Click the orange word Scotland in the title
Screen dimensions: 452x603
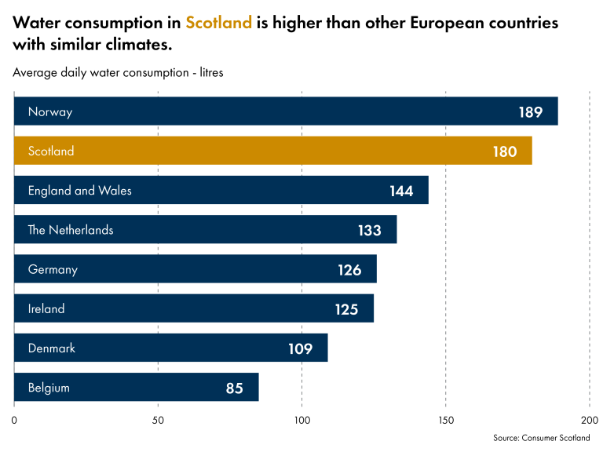pos(218,23)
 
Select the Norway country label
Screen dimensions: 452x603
pos(49,111)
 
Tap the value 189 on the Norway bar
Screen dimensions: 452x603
pos(530,112)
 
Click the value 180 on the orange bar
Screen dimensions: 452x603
pos(505,151)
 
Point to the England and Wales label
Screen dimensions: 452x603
pos(79,191)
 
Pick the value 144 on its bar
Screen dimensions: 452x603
pos(401,191)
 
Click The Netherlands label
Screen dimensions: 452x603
pos(71,230)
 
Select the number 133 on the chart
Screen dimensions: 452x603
pos(369,231)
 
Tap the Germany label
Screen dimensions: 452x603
pos(53,269)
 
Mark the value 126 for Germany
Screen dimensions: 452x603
pos(349,270)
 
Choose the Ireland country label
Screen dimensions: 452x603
pos(46,308)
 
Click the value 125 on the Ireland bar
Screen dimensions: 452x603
pos(346,309)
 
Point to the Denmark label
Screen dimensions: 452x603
pos(52,348)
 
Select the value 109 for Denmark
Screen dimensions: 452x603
pos(300,348)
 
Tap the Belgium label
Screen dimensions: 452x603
pos(49,388)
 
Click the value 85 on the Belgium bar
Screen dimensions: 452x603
pos(234,388)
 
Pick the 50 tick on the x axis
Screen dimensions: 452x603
pos(158,420)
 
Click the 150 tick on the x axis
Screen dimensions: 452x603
pos(446,420)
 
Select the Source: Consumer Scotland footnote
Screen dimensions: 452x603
pos(541,438)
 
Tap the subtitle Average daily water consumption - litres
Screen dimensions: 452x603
pos(119,72)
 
